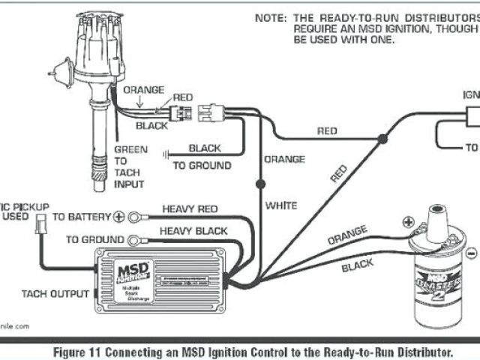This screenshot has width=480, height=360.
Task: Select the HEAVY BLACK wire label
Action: (x=193, y=231)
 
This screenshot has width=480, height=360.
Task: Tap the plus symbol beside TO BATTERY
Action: (x=118, y=217)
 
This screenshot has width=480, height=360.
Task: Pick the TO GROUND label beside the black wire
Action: (x=202, y=165)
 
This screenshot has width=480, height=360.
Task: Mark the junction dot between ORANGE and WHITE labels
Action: (x=261, y=182)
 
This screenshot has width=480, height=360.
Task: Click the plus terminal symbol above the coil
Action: (x=409, y=222)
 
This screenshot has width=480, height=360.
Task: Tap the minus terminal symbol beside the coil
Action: (x=470, y=253)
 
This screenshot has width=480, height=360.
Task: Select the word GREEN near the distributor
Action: (x=130, y=149)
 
